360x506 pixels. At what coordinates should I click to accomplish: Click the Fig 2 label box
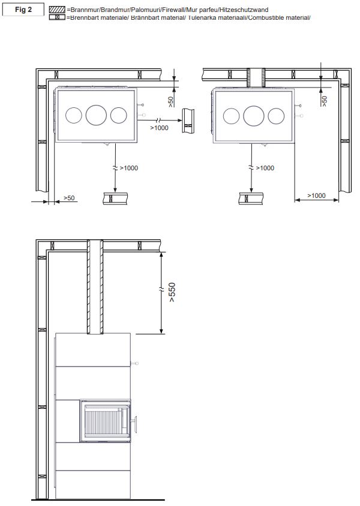click(23, 10)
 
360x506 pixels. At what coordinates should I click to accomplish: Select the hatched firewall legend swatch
click(57, 10)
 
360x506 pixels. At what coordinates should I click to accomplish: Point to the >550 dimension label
click(172, 292)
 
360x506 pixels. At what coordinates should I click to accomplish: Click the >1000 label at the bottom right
click(316, 195)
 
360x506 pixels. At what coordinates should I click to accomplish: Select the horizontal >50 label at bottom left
click(69, 198)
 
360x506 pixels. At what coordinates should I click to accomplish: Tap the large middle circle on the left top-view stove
click(96, 115)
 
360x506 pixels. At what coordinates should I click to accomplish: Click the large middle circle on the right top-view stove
click(254, 116)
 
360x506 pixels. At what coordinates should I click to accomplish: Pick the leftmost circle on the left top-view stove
click(74, 115)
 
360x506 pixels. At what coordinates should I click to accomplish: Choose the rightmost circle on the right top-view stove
click(276, 116)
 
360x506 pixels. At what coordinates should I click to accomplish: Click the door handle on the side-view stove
click(134, 424)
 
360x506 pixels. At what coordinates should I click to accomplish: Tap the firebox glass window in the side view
click(105, 421)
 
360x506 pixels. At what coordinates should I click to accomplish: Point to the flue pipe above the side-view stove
click(95, 287)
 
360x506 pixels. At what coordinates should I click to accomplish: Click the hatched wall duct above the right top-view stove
click(256, 78)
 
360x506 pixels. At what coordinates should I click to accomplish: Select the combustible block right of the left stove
click(188, 121)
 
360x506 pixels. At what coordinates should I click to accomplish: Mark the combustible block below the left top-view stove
click(115, 198)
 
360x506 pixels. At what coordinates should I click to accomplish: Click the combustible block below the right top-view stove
click(251, 198)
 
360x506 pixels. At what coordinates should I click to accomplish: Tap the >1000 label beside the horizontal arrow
click(159, 128)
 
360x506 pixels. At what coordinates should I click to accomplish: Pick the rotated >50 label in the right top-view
click(324, 101)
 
